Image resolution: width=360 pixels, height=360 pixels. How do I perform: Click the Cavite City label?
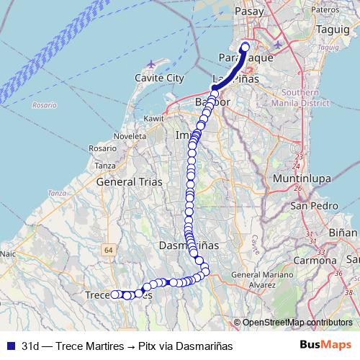coord(159,78)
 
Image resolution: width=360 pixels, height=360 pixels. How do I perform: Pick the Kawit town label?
coord(154,118)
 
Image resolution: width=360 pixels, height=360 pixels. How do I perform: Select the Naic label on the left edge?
coord(7,253)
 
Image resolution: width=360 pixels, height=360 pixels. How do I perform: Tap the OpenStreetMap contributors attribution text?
coord(297,323)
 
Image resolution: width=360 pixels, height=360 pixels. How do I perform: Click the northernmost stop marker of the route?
coord(245,48)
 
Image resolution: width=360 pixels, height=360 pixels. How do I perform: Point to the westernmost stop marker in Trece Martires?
coord(113,294)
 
